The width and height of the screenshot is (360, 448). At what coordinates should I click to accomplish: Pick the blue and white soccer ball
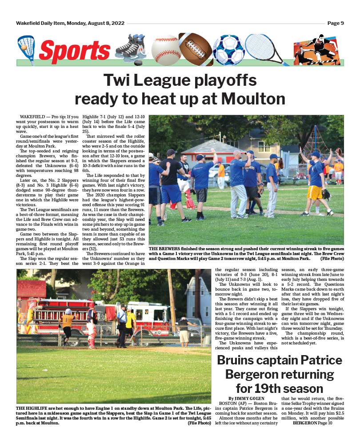(x=228, y=50)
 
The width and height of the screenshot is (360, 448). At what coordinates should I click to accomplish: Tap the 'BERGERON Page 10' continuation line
(x=312, y=423)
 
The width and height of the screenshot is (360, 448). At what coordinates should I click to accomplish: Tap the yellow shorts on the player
(x=315, y=193)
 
